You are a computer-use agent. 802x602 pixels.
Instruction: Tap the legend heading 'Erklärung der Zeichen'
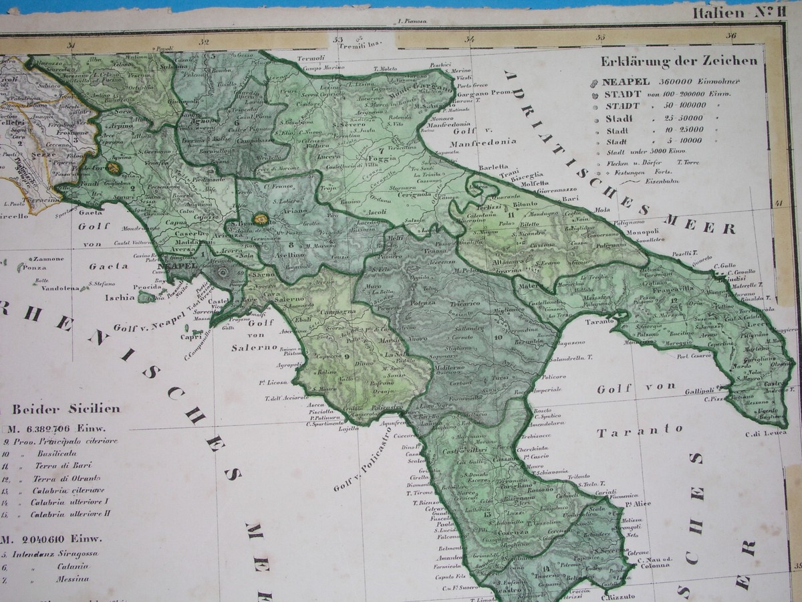679,61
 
